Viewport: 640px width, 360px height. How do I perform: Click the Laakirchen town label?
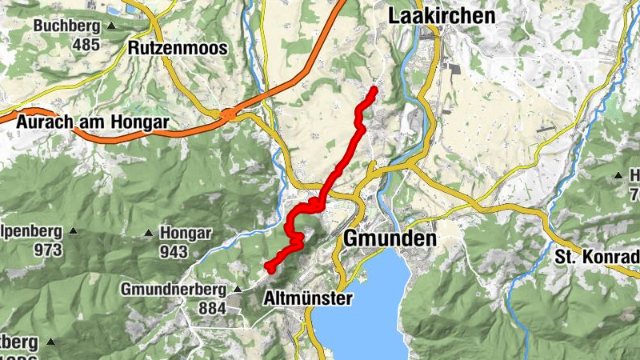click(441, 16)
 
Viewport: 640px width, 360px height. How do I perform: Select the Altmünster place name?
click(308, 298)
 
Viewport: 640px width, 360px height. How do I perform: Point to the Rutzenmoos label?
click(178, 48)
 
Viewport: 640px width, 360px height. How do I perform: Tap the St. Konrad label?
click(597, 258)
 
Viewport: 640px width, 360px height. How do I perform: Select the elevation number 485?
click(86, 45)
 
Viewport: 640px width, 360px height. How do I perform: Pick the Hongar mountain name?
click(186, 234)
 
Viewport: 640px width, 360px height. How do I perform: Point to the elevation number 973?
click(49, 250)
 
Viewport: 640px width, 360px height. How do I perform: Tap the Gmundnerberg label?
click(174, 289)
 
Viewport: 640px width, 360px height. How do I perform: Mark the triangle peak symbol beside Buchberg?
click(111, 26)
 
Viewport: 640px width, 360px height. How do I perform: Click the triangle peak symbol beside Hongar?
click(149, 234)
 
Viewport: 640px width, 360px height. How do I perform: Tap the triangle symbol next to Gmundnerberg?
click(237, 289)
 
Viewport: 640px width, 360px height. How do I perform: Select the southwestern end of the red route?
click(266, 266)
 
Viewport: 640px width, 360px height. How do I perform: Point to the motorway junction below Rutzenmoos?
click(229, 114)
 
